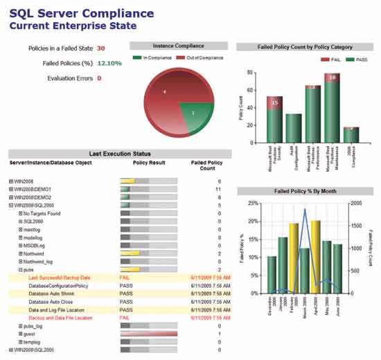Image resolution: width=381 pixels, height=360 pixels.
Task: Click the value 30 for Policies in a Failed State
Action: coord(101,48)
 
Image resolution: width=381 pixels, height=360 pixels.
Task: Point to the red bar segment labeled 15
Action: coord(275,102)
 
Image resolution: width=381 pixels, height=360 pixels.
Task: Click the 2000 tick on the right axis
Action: coord(355,204)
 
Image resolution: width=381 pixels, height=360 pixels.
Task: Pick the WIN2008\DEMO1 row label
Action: coord(33,189)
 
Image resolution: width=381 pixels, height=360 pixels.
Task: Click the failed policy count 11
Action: coord(218,189)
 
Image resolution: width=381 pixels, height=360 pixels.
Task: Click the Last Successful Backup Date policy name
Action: coord(60,278)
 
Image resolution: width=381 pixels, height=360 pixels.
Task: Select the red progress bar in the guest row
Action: coord(148,334)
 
